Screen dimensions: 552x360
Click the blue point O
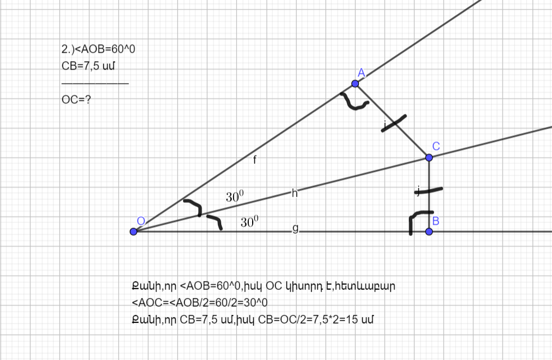click(x=133, y=231)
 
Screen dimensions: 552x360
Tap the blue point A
click(x=355, y=84)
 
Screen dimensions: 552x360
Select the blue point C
click(x=429, y=157)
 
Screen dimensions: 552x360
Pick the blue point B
click(x=429, y=231)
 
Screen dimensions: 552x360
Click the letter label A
click(x=361, y=72)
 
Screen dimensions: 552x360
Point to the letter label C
click(x=436, y=146)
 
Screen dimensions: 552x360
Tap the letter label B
click(x=435, y=221)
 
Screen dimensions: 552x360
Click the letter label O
click(x=141, y=221)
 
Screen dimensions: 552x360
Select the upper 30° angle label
click(x=235, y=196)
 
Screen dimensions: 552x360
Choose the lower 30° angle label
click(x=249, y=221)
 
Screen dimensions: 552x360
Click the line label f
click(x=255, y=160)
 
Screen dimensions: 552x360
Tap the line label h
click(x=295, y=193)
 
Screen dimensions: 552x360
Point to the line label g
click(x=295, y=229)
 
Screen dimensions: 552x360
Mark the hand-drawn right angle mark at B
click(x=421, y=222)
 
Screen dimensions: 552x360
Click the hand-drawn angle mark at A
click(x=354, y=101)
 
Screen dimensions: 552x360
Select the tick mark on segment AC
click(x=394, y=124)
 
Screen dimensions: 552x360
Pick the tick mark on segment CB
click(x=428, y=191)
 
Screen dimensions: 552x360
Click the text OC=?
click(x=76, y=99)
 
